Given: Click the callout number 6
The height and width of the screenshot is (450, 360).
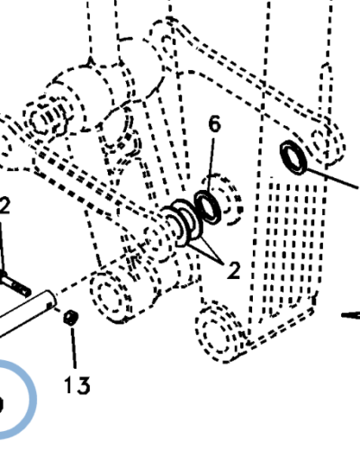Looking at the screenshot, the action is (214, 124).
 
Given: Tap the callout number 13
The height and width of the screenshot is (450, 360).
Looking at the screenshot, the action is (77, 385).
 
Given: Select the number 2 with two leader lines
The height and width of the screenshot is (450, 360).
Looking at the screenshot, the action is (233, 270).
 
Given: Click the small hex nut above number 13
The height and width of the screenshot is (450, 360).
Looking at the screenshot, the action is (71, 318).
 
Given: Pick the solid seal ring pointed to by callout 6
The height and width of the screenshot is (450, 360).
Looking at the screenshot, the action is (208, 207).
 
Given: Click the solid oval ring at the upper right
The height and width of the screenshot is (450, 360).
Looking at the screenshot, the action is (293, 157).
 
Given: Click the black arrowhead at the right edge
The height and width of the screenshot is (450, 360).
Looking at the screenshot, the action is (350, 315).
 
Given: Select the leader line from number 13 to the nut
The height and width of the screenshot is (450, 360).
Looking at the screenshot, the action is (73, 347).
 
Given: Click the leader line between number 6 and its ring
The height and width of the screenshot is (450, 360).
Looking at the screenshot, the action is (211, 165).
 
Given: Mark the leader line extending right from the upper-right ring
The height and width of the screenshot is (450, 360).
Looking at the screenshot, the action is (332, 178).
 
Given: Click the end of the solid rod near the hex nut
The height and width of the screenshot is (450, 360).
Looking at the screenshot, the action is (50, 300).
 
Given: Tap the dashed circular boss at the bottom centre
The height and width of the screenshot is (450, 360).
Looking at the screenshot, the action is (219, 331).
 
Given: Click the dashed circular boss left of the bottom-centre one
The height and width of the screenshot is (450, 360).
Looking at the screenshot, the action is (112, 295).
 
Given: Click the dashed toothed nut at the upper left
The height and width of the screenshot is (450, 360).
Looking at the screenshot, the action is (48, 117).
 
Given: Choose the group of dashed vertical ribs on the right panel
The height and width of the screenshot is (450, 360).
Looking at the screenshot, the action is (292, 243).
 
